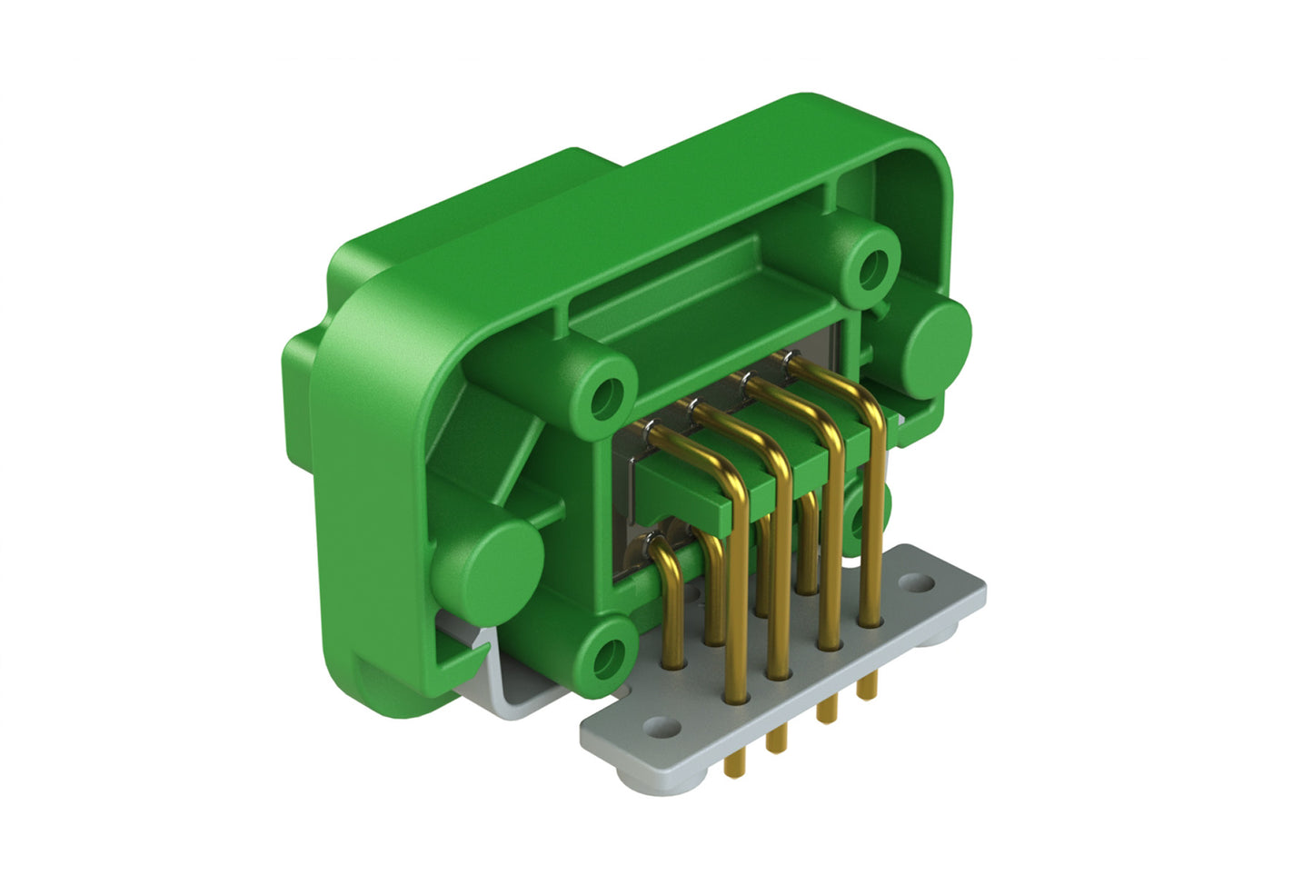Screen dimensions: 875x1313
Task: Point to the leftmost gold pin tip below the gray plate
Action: click(x=729, y=771)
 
